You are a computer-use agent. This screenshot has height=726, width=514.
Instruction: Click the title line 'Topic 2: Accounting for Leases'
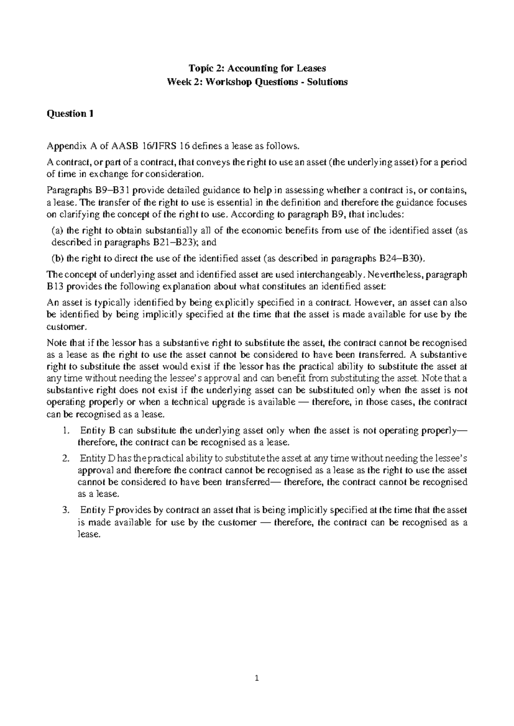point(257,68)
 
